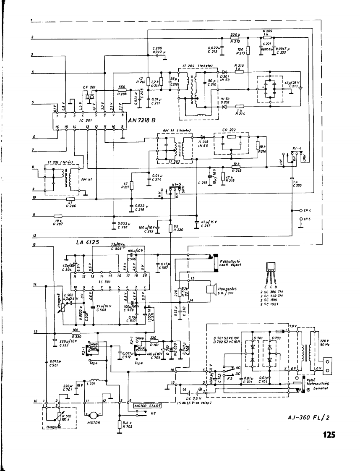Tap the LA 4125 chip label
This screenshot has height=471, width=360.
[88, 242]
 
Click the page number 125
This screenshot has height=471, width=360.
[329, 435]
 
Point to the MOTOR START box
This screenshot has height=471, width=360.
[147, 406]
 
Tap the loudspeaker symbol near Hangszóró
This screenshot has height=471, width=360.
[211, 289]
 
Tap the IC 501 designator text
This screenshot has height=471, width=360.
[104, 282]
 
